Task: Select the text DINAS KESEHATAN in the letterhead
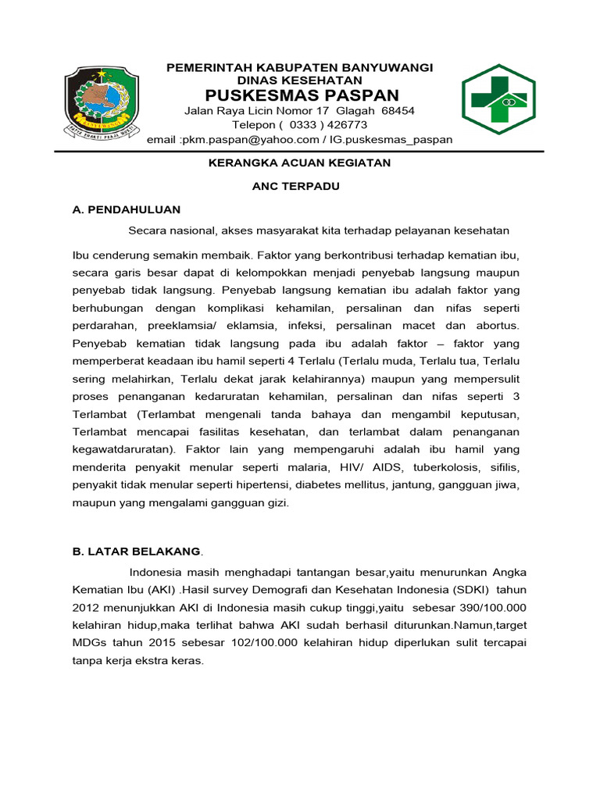(x=300, y=80)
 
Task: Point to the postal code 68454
(x=398, y=111)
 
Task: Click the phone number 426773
(x=345, y=125)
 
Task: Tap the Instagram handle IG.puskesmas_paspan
(x=390, y=140)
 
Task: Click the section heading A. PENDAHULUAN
(x=126, y=209)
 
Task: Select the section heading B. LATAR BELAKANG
(x=136, y=552)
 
